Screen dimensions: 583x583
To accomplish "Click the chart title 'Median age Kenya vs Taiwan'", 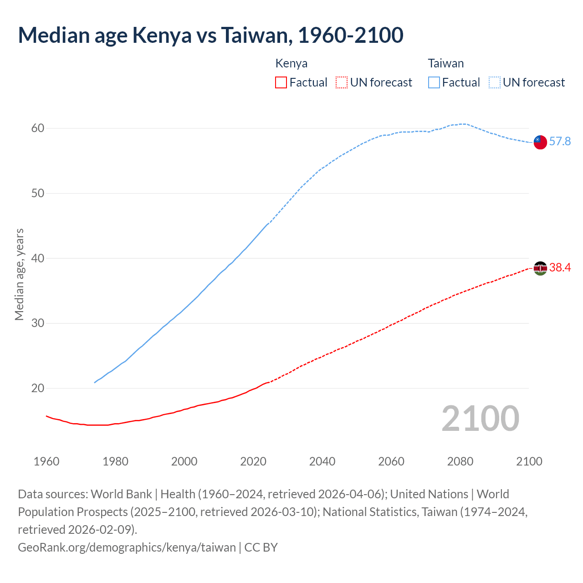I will pos(210,36).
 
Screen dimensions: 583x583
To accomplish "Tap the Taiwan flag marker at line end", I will pos(540,142).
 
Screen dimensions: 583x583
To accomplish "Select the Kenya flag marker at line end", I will pos(540,268).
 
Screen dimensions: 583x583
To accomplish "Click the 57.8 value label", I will pos(560,142).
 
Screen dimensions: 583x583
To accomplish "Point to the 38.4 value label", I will pos(560,268).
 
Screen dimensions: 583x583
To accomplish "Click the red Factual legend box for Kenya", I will pos(281,82).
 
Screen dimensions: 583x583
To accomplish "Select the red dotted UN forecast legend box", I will pos(342,82).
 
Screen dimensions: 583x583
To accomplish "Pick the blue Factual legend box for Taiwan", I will pos(434,82).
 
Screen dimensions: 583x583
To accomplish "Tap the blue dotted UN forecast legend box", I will pos(495,82).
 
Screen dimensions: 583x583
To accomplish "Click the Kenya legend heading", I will pos(291,63).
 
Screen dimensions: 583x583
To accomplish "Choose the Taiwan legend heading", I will pos(445,63).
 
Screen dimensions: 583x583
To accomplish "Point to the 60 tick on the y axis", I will pos(38,128).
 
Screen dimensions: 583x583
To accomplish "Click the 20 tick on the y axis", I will pos(38,389).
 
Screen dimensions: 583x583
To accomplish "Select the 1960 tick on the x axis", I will pos(46,461).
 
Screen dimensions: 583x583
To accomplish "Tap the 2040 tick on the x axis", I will pos(322,461).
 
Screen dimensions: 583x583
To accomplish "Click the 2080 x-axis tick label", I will pos(460,461).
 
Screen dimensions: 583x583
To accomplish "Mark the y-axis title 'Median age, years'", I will pos(19,275).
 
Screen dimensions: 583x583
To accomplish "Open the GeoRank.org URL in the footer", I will pos(127,547).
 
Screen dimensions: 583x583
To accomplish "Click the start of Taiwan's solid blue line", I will pos(95,382).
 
